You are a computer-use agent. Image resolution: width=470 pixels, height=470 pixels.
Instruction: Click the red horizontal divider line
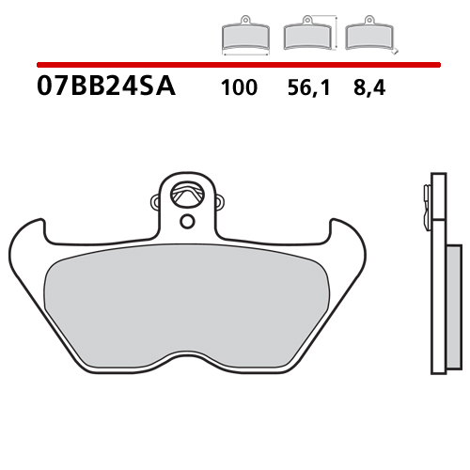235,65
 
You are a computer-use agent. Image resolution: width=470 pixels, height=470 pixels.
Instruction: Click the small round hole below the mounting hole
188,221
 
